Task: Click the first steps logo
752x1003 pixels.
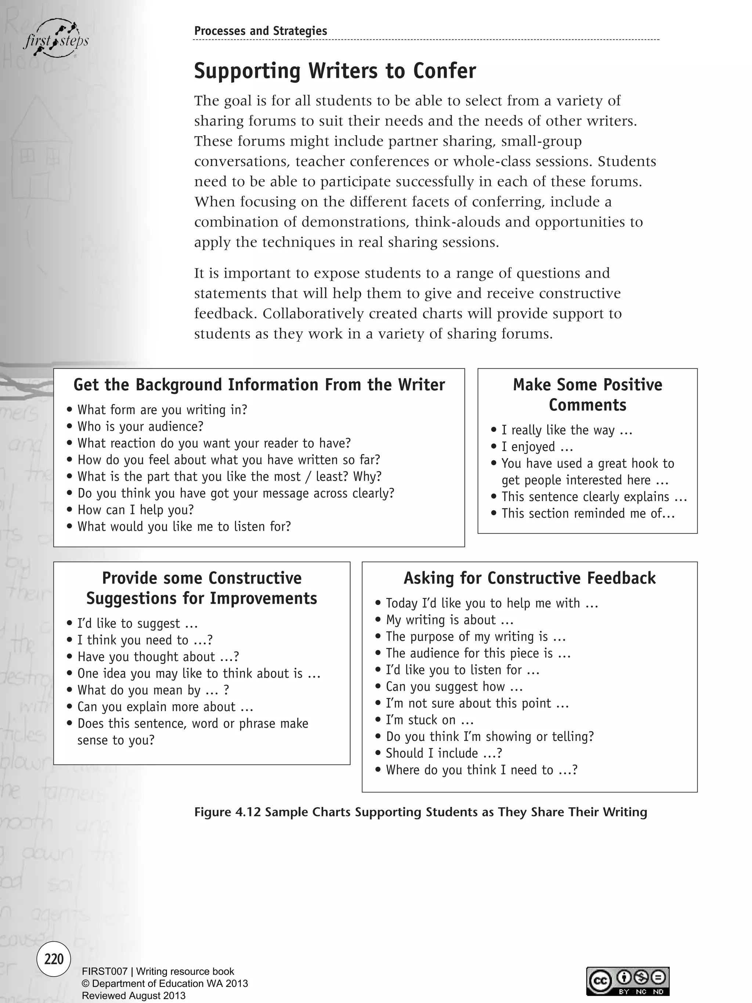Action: (56, 40)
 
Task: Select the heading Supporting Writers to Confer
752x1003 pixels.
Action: (335, 71)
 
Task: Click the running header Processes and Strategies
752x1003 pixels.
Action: (260, 31)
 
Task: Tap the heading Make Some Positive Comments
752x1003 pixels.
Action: (587, 394)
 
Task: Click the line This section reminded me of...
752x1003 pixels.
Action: (587, 513)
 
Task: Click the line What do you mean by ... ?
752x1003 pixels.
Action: (153, 690)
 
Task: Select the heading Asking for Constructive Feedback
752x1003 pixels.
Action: (529, 578)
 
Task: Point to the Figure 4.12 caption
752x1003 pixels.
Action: (420, 812)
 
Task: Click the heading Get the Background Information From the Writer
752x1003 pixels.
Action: (259, 385)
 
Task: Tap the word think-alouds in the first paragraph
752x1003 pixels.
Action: (458, 222)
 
